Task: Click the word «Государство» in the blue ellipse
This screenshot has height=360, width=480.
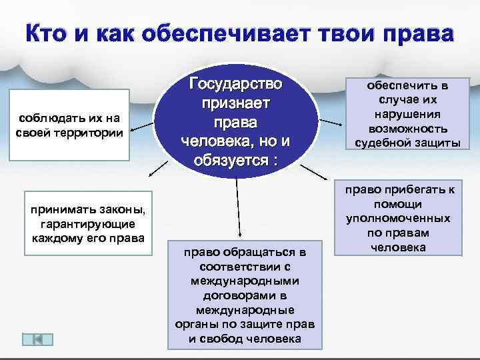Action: click(x=236, y=85)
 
